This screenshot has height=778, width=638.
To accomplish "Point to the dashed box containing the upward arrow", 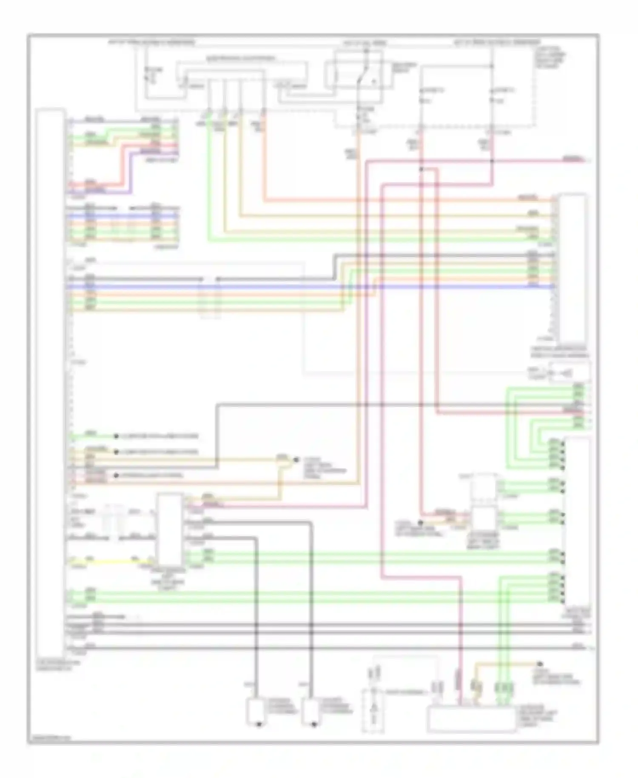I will [x=373, y=711].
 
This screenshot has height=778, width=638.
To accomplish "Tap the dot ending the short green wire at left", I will [x=115, y=436].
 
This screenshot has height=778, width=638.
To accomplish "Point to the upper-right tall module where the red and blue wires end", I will [x=573, y=268].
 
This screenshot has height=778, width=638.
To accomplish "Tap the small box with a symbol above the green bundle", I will [x=569, y=372].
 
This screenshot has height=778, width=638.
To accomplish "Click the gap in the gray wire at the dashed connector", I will [x=210, y=279].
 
